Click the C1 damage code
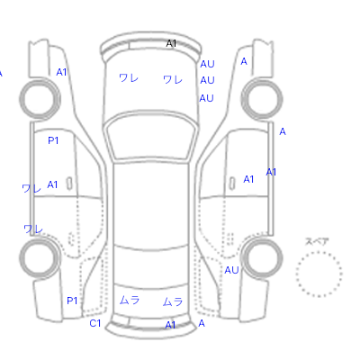[95, 323]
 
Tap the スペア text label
[317, 241]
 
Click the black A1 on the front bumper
[171, 43]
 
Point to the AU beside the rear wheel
[231, 270]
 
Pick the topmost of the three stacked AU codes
[207, 64]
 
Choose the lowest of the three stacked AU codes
[206, 98]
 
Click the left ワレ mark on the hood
[129, 78]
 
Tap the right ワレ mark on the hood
[173, 79]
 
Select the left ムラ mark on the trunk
[130, 300]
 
